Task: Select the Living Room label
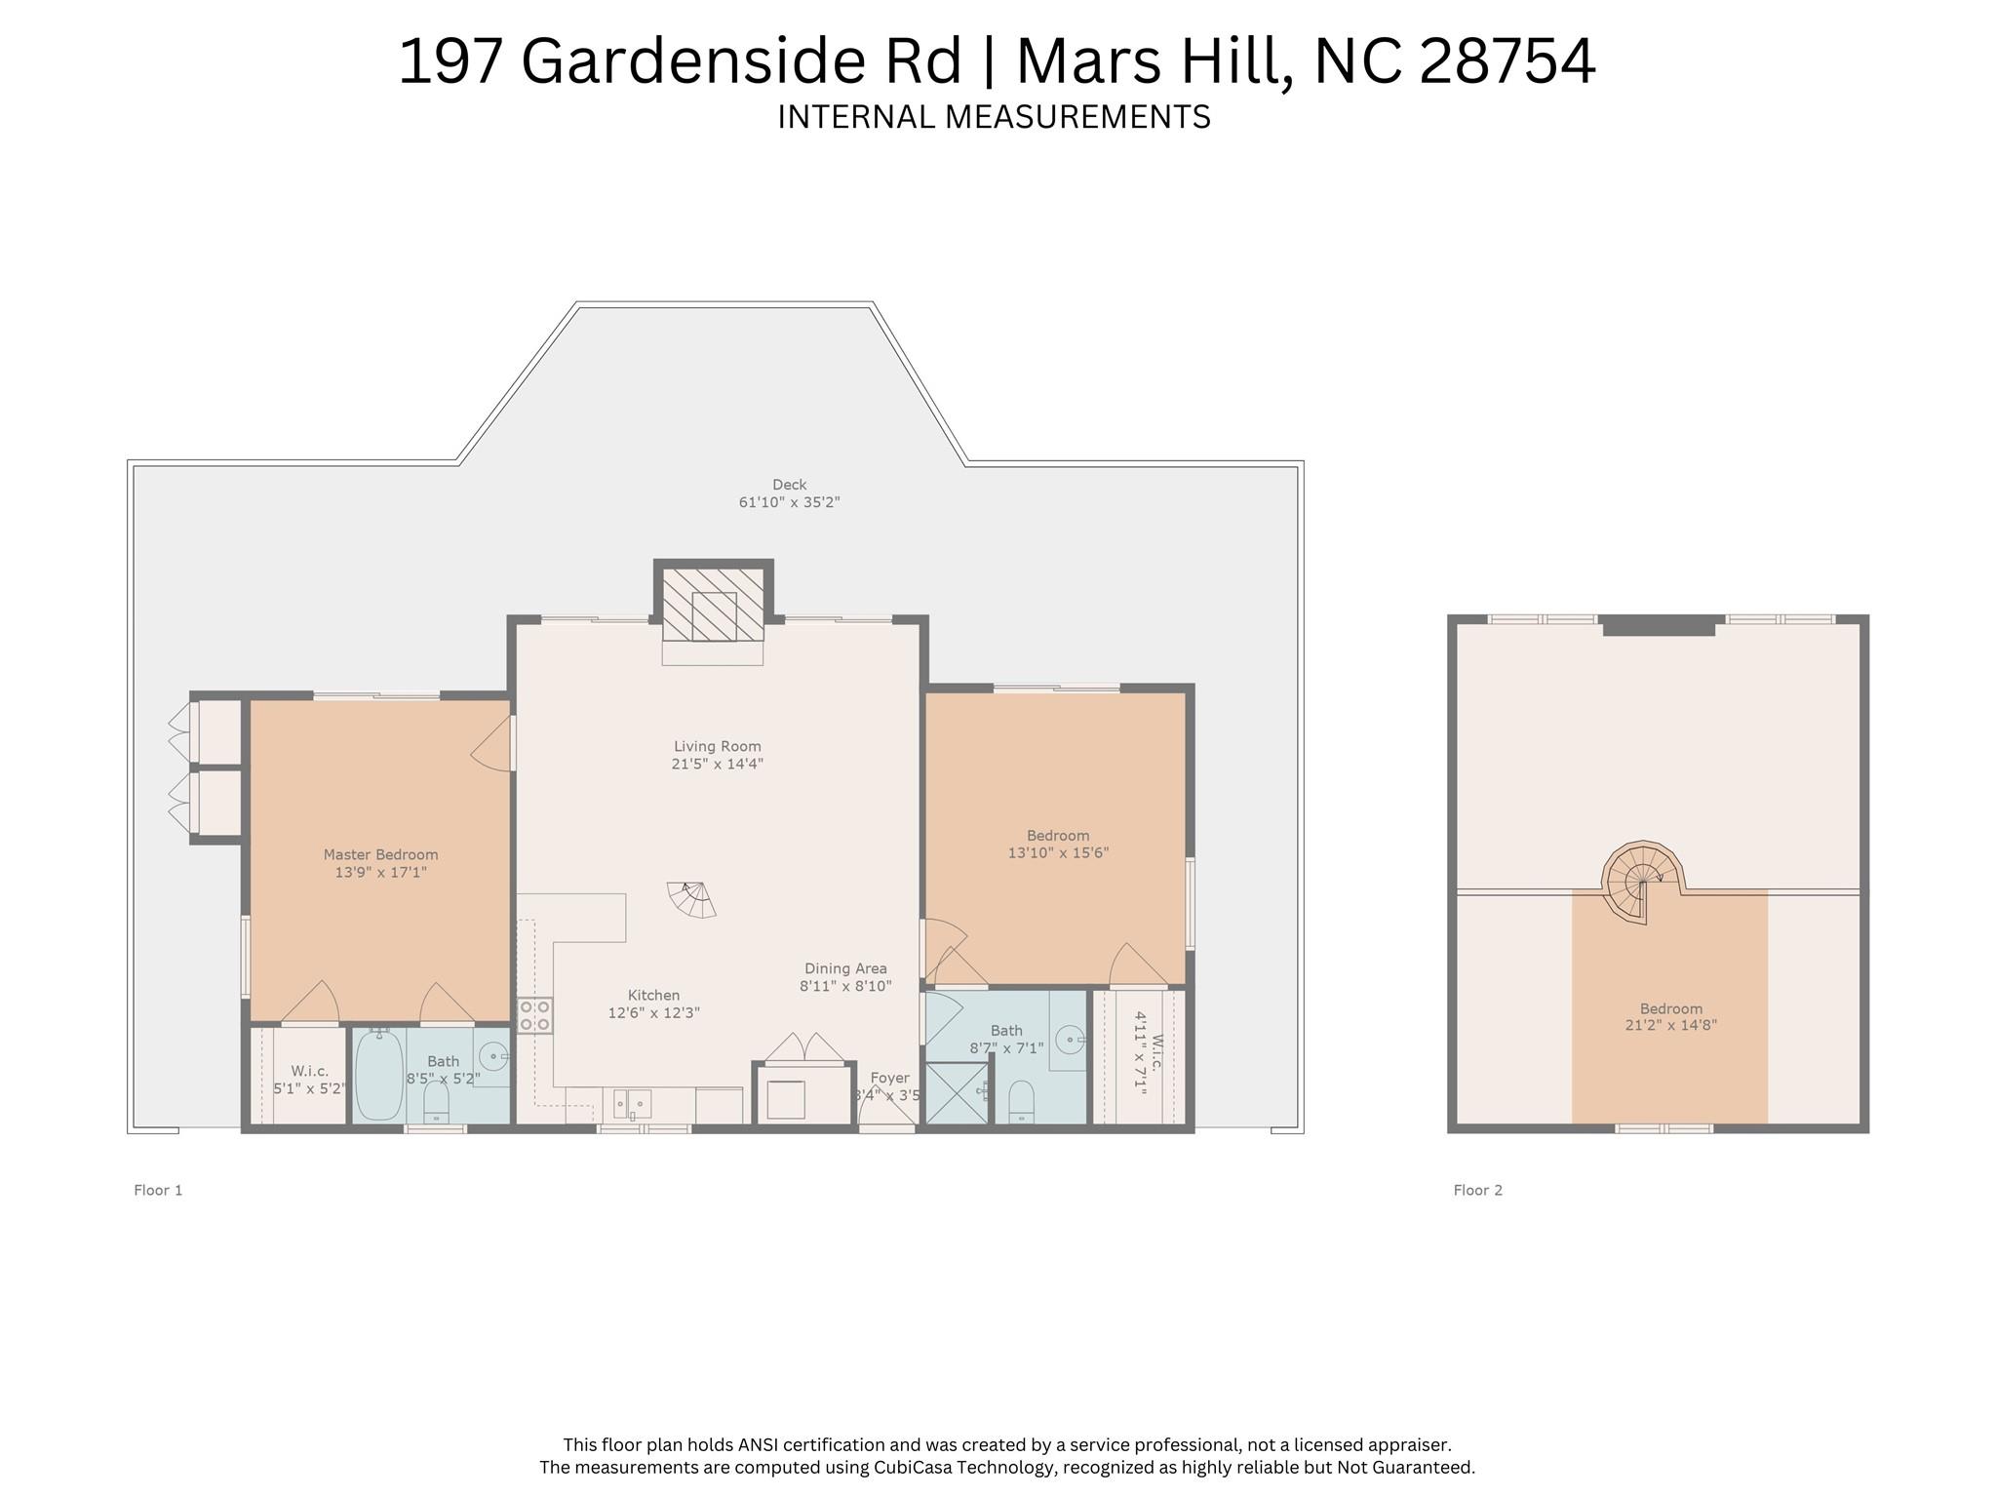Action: [717, 747]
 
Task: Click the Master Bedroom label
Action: [380, 855]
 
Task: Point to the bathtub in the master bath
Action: [378, 1076]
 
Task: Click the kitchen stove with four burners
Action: [534, 1015]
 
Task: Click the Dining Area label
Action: [845, 968]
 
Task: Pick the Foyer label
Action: [889, 1079]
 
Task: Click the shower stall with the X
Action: [956, 1092]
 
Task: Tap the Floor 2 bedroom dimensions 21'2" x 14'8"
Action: [1670, 1026]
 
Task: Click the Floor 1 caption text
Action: [158, 1190]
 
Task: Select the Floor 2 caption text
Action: [1477, 1190]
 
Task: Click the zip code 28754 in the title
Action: [1507, 61]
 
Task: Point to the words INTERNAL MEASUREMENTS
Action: [994, 117]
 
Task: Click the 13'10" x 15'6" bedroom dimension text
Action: [1058, 853]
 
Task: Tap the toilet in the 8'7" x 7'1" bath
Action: [1021, 1101]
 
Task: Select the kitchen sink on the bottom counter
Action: [632, 1104]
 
